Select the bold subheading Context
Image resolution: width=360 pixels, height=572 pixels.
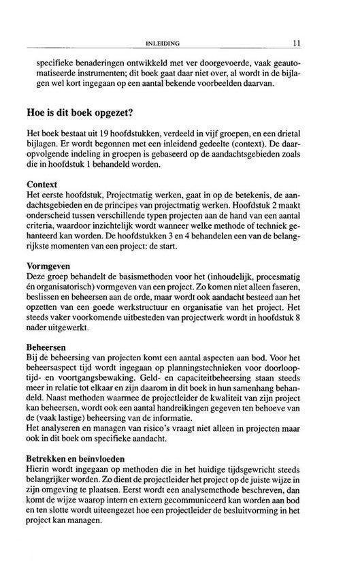point(42,185)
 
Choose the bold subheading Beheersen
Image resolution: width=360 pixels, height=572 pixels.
point(47,347)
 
